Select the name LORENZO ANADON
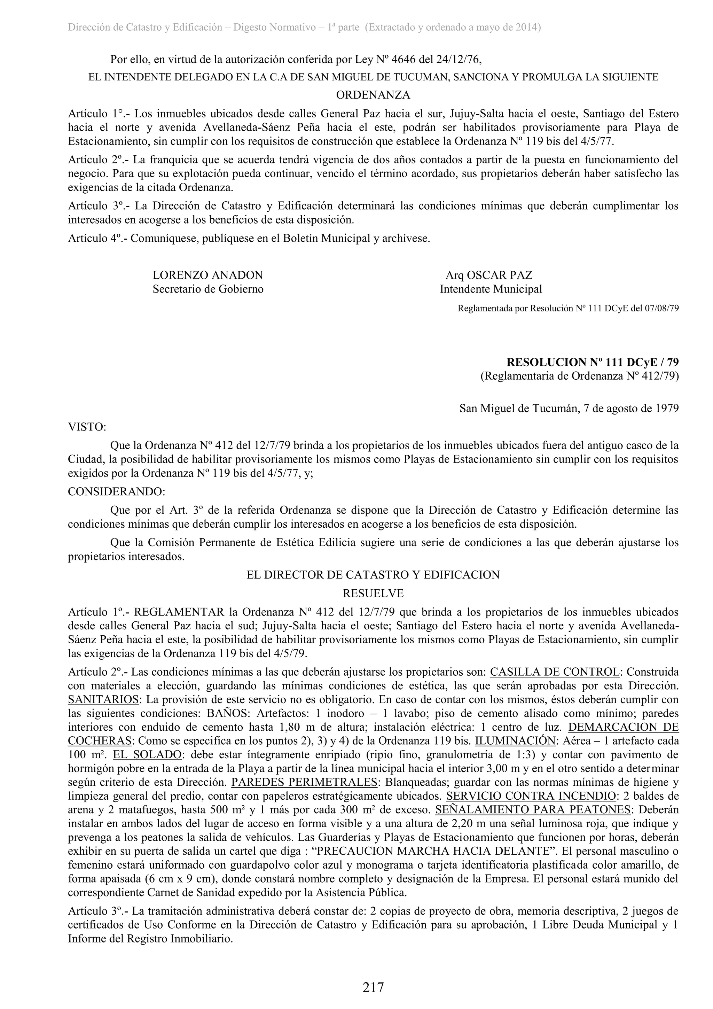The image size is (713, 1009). click(x=208, y=275)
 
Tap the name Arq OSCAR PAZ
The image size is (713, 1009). click(x=488, y=275)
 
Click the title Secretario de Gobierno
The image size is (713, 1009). click(x=208, y=289)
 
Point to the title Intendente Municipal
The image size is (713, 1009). click(x=491, y=289)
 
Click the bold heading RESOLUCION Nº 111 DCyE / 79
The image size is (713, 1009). click(x=592, y=362)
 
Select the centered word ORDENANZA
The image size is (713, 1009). click(x=373, y=95)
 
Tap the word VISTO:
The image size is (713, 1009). click(x=87, y=427)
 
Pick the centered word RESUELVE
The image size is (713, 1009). click(x=373, y=593)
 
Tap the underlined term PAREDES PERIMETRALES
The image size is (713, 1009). click(x=304, y=782)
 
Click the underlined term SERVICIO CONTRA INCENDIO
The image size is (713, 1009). click(x=531, y=796)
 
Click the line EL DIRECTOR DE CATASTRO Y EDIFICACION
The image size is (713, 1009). click(x=373, y=575)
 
